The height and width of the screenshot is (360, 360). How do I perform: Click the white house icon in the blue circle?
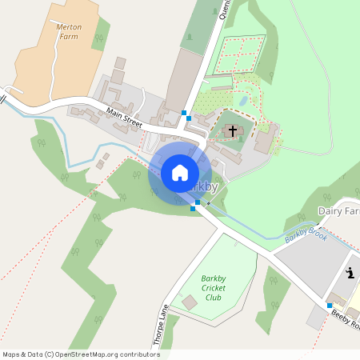coord(180,172)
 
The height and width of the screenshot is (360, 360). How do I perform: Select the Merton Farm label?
coord(70,31)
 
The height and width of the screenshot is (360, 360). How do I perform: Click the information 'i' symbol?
coord(350,273)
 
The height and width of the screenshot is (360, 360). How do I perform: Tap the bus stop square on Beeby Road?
coord(329,306)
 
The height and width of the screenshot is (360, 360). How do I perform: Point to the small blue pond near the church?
coord(242,102)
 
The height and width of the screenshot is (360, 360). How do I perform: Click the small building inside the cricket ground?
coord(190,302)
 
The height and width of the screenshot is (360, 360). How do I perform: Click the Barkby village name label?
coord(204,186)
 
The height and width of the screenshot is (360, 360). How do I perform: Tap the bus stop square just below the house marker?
coord(195,205)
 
